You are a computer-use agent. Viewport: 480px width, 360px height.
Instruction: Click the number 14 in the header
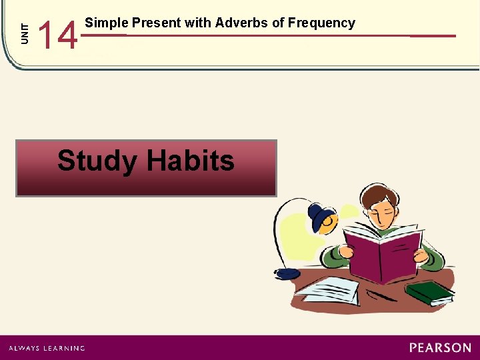(x=58, y=35)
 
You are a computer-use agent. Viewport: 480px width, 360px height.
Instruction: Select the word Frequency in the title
(x=322, y=23)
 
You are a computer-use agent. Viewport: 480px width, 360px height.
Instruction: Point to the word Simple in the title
(x=107, y=23)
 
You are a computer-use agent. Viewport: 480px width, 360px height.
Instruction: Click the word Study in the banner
(x=98, y=161)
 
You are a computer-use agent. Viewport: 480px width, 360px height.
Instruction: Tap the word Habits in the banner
(x=191, y=161)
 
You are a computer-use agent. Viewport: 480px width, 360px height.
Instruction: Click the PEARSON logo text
(x=440, y=347)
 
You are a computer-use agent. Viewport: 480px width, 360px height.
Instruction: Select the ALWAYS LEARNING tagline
(x=47, y=348)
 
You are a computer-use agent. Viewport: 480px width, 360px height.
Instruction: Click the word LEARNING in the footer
(x=63, y=348)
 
